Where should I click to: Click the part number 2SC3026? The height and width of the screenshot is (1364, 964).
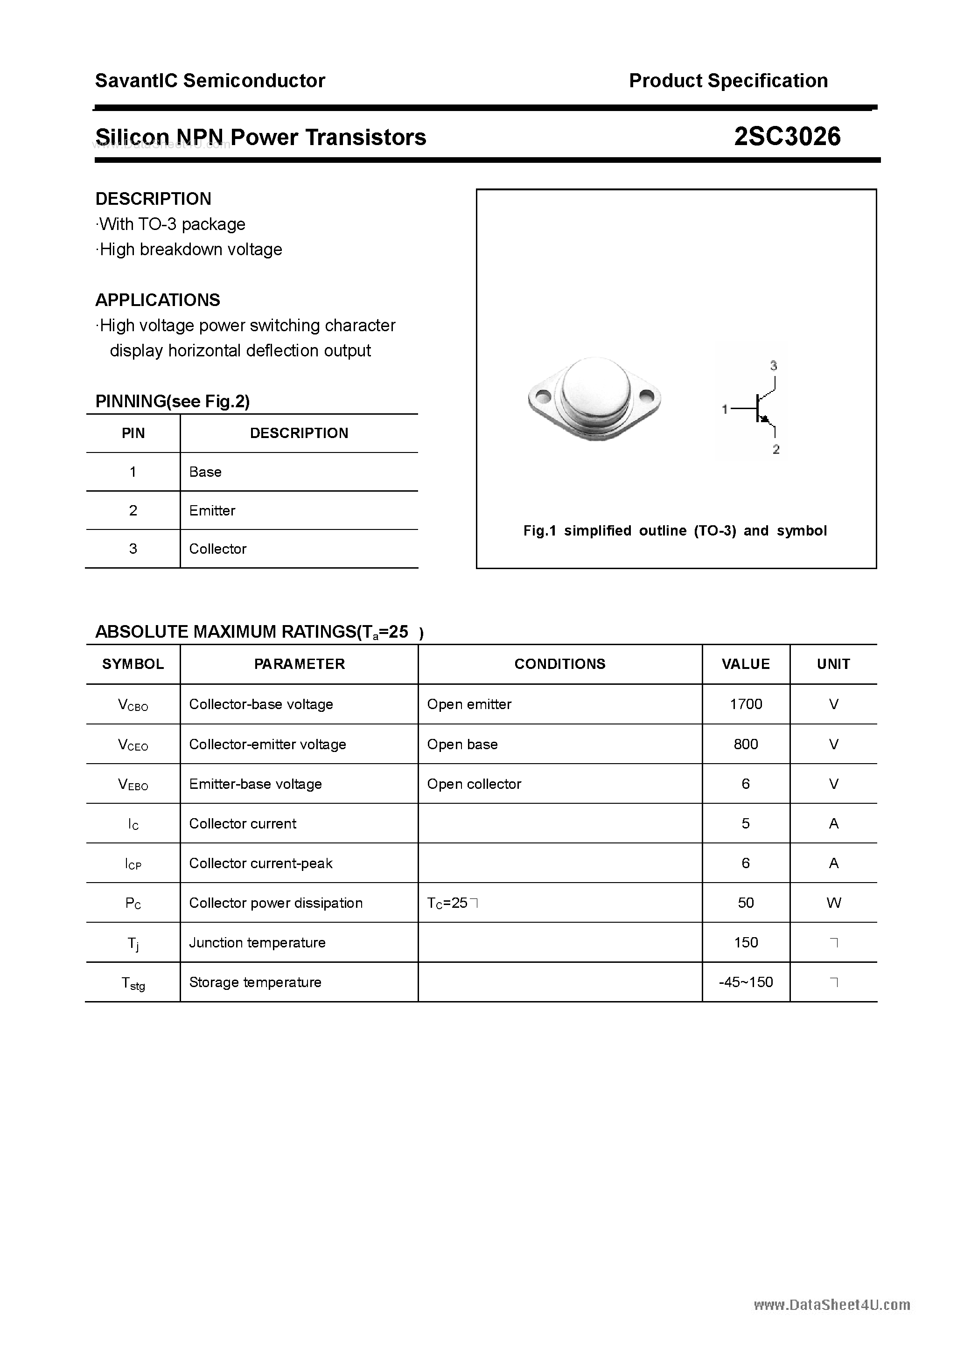(787, 137)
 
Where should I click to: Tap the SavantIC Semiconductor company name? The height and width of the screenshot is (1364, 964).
(210, 81)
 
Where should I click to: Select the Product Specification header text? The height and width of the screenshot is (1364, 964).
(728, 81)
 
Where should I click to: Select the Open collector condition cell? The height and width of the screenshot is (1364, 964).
(474, 784)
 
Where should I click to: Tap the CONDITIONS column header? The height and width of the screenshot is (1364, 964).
(559, 664)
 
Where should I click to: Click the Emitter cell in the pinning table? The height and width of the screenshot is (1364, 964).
(212, 510)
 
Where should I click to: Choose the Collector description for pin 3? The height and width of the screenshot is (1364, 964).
(217, 549)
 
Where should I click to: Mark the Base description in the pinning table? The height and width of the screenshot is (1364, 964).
(205, 472)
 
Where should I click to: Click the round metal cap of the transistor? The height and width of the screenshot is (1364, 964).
(595, 390)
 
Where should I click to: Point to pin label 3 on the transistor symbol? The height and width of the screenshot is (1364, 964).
(773, 366)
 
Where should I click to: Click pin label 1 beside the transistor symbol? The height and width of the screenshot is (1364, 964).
(725, 409)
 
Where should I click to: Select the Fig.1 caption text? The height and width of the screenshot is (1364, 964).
(675, 530)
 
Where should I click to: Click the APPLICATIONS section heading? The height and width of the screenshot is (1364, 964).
(158, 300)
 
